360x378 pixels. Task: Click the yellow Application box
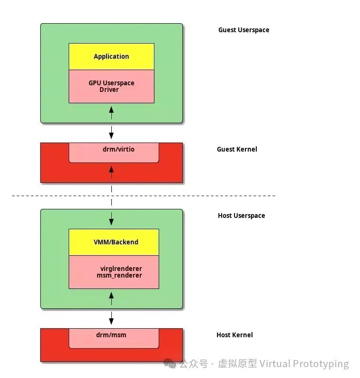[x=111, y=56]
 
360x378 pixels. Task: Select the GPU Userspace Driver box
[x=111, y=86]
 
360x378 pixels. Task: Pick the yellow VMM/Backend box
[x=114, y=242]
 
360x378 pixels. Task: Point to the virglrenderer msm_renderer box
[x=114, y=272]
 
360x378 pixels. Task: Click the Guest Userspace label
[x=243, y=30]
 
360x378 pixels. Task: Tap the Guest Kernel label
[x=237, y=149]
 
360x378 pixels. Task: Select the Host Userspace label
[x=241, y=216]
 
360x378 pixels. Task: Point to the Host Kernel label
[x=234, y=335]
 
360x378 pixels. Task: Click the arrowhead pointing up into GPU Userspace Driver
[x=112, y=109]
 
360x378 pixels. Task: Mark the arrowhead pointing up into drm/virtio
[x=112, y=169]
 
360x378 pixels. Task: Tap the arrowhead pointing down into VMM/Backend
[x=112, y=222]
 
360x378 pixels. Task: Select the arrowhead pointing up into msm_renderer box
[x=112, y=295]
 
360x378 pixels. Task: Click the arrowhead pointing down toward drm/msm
[x=112, y=321]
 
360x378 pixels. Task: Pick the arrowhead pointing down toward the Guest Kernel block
[x=112, y=135]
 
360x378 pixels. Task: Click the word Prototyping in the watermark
[x=321, y=364]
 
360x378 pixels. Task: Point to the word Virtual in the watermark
[x=275, y=364]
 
